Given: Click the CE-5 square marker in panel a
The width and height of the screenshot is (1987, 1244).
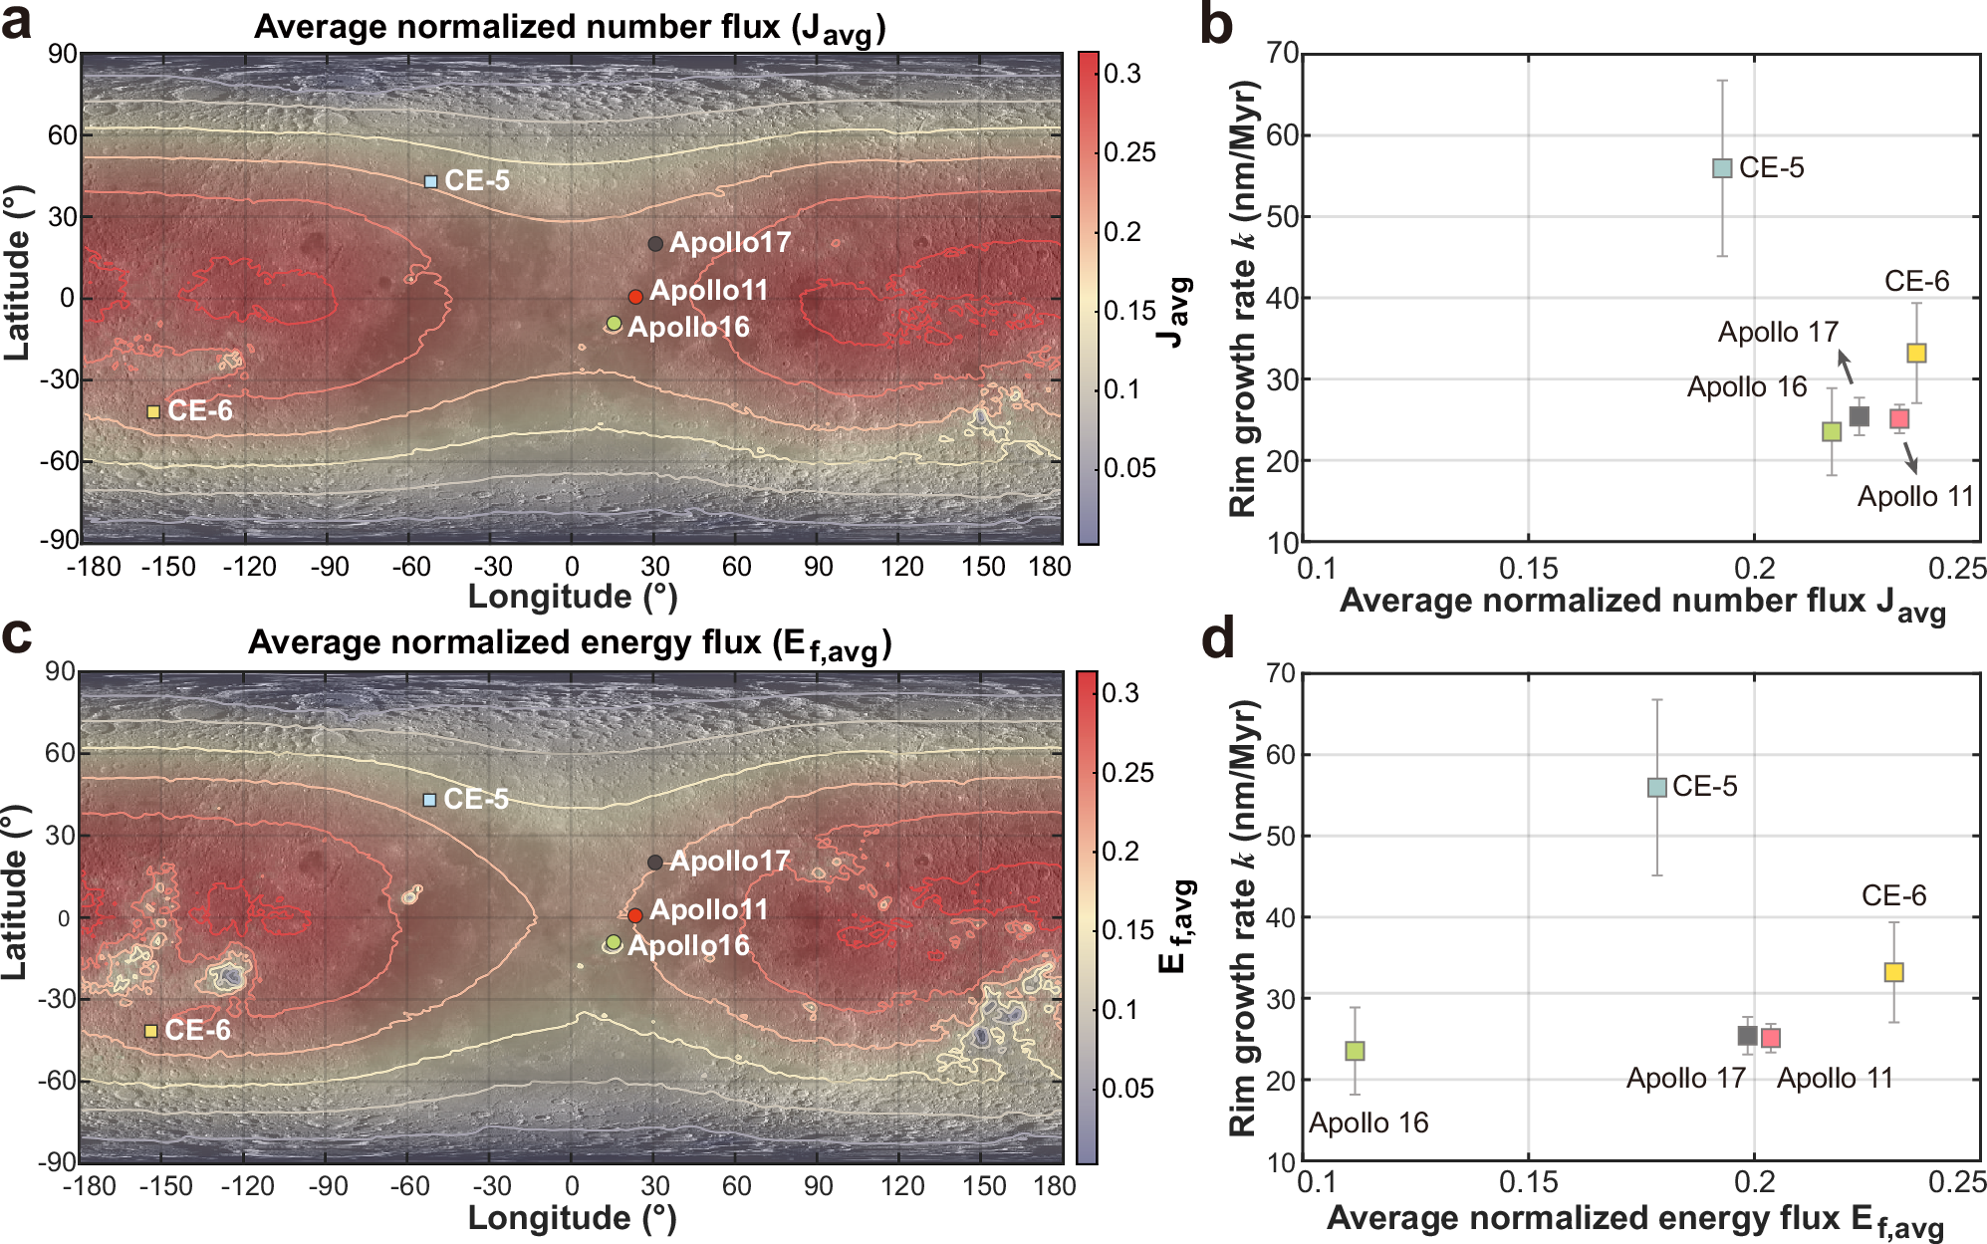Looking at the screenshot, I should click(431, 181).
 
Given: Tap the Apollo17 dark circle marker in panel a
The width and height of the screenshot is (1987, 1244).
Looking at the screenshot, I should click(655, 244).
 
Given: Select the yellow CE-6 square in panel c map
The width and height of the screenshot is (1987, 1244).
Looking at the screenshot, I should click(151, 1031).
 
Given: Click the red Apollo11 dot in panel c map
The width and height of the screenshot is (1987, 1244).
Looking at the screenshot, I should click(634, 915).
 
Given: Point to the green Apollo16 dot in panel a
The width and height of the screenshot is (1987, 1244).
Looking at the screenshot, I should click(615, 323).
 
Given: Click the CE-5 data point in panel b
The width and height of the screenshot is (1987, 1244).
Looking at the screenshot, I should click(1722, 168).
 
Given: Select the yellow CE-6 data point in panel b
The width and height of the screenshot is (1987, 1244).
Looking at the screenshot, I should click(1916, 353).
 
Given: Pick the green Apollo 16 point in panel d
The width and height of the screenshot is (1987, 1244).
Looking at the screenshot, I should click(1355, 1051).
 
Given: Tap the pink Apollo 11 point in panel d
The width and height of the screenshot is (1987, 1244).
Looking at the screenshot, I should click(1770, 1038).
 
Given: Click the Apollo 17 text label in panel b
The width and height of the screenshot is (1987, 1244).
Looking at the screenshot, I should click(1778, 332).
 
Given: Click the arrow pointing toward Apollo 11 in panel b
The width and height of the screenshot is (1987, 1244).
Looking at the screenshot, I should click(1909, 457).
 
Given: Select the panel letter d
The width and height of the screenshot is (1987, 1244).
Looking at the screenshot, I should click(1220, 637).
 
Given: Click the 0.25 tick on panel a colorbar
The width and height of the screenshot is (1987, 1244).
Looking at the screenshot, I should click(1129, 152).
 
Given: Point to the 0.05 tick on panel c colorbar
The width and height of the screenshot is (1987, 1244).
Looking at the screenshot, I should click(1127, 1088).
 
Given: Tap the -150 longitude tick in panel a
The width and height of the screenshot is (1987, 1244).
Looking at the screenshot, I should click(167, 567).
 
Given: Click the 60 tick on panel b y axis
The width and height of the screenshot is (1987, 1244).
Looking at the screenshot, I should click(1284, 134).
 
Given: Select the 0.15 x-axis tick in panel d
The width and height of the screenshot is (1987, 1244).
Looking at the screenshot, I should click(1528, 1182).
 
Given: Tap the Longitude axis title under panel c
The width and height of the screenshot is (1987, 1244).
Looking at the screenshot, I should click(572, 1218).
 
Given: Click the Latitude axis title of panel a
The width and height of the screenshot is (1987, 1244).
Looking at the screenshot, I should click(17, 274).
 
